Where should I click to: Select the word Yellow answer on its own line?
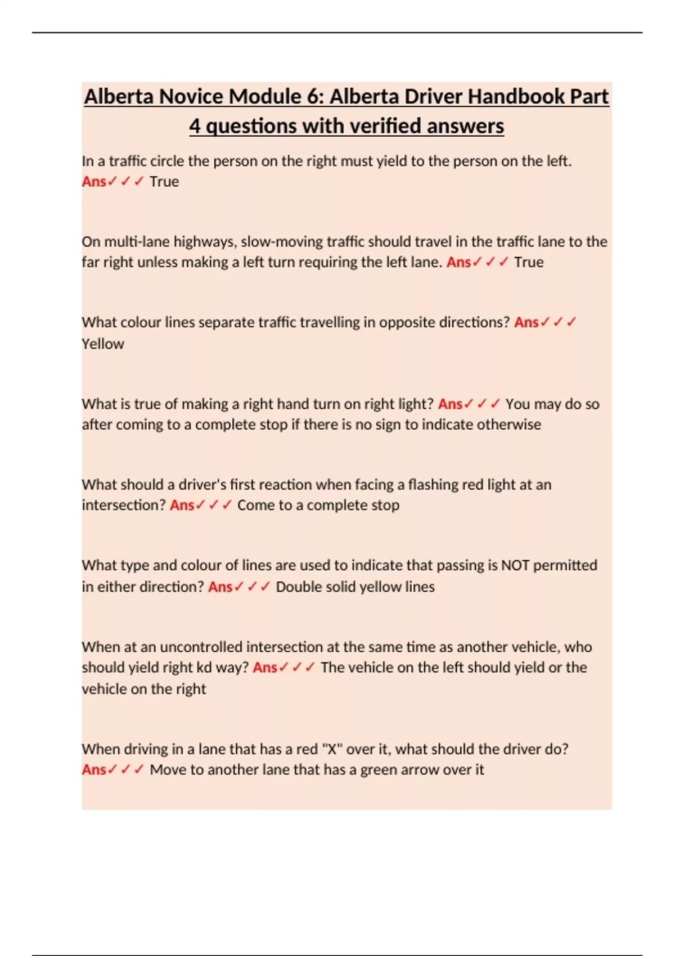point(103,344)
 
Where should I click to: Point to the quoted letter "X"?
point(331,749)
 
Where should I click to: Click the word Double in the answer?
point(298,587)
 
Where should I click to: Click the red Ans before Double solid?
point(220,587)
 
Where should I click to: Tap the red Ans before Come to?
point(182,505)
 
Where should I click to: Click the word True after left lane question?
point(529,262)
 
